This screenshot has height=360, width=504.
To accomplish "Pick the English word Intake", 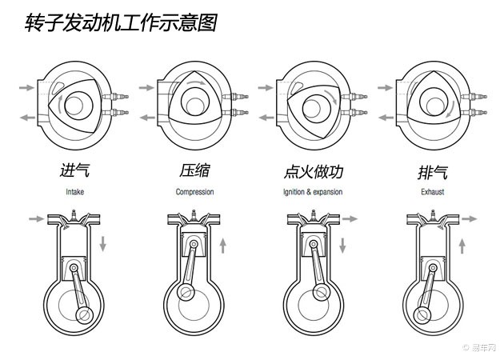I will (75, 192).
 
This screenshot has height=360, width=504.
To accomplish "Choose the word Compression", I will (194, 192).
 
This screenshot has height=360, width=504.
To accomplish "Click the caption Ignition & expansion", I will (314, 192).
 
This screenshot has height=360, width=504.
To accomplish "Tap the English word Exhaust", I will (433, 192).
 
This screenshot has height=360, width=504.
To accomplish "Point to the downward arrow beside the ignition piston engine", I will (343, 242).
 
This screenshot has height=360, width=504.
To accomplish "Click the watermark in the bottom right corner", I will (480, 347).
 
